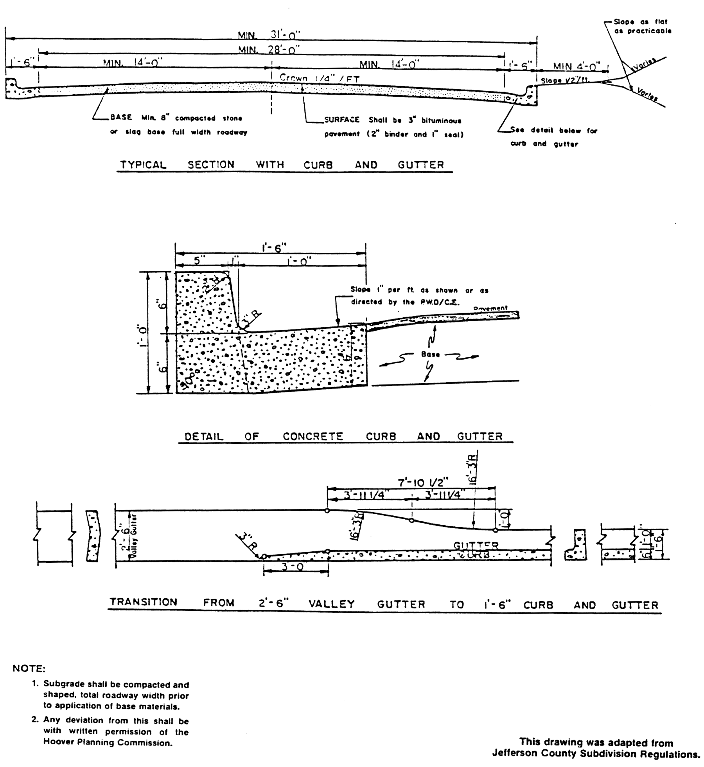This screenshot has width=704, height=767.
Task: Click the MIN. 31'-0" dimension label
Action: pos(269,35)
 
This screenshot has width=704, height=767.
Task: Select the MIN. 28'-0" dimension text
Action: pos(269,50)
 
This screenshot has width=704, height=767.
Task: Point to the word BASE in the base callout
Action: pos(121,117)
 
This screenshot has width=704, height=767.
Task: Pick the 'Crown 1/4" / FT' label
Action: pos(319,78)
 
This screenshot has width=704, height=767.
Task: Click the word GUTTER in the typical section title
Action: pos(421,165)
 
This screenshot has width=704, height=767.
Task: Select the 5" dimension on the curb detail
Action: pos(198,261)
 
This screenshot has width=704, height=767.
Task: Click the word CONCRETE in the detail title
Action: pos(313,436)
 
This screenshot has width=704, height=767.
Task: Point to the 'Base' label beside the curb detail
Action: pos(430,354)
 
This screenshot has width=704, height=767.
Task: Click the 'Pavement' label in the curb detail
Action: pos(490,308)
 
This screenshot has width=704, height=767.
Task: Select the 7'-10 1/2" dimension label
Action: pos(423,483)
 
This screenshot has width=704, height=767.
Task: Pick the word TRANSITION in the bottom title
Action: pos(143,602)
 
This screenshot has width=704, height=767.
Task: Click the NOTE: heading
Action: pos(29,668)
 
